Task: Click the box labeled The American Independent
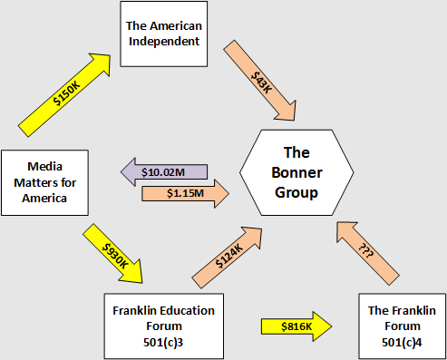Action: [165, 34]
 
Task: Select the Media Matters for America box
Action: [46, 182]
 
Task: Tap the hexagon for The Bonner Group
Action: [296, 172]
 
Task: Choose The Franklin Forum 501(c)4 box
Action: [402, 325]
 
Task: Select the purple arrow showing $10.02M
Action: [164, 171]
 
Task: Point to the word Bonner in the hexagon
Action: [296, 172]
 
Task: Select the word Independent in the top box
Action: [165, 43]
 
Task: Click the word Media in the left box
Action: [45, 167]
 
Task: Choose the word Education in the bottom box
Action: [163, 310]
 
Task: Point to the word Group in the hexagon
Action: [296, 192]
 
